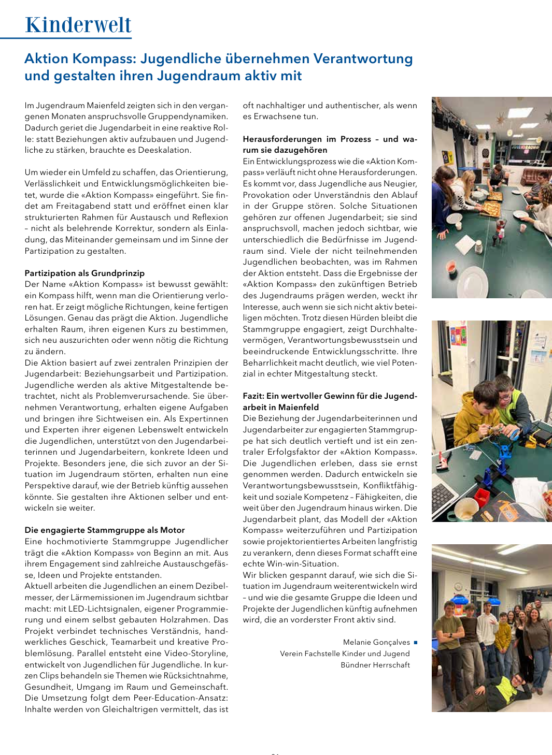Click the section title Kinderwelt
coord(78,25)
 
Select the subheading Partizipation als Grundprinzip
coord(84,273)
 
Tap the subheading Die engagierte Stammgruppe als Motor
coord(105,530)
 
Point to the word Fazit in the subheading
coord(253,396)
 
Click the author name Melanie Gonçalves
coord(376,642)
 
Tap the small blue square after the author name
coord(416,643)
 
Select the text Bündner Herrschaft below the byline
coord(375,665)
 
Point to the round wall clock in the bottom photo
coord(458,587)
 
